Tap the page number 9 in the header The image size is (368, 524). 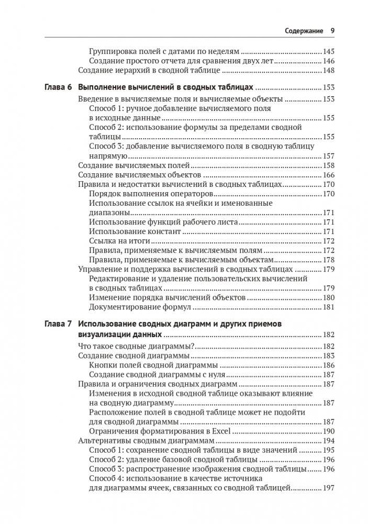[332, 30]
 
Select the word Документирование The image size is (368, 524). [120, 307]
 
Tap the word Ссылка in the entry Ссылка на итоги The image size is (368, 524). [101, 241]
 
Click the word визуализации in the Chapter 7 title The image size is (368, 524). [101, 335]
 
